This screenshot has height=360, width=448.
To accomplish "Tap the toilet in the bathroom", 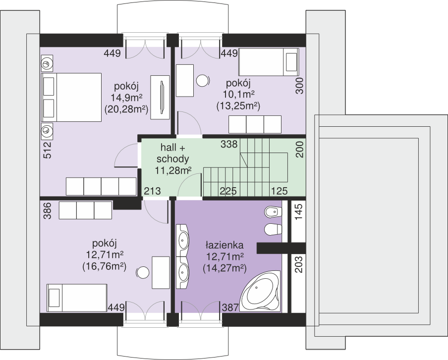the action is click(273, 230).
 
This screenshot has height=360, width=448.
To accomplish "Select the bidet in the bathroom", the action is click(273, 212).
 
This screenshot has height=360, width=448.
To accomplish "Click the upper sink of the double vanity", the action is click(182, 240).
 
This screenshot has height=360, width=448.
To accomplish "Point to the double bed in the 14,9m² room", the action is click(71, 98).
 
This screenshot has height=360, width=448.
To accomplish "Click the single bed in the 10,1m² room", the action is click(269, 62).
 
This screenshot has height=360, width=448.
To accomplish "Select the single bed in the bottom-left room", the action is click(77, 298).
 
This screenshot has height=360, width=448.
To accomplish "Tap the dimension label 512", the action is click(48, 150).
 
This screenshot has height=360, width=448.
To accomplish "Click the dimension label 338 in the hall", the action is click(229, 144).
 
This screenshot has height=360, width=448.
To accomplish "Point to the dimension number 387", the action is click(230, 308).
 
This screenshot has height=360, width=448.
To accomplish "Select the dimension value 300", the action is click(299, 86).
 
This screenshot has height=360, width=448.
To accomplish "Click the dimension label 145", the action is click(298, 212).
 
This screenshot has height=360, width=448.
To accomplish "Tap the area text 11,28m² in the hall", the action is click(173, 170).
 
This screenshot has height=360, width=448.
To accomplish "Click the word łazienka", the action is click(224, 245).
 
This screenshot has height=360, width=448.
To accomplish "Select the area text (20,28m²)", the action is click(126, 109).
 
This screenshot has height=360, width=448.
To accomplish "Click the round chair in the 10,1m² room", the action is click(203, 81).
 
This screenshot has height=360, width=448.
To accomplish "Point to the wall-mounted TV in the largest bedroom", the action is click(162, 97).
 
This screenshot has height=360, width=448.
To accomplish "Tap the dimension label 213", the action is click(152, 191).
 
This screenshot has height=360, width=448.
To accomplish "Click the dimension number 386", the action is click(48, 210).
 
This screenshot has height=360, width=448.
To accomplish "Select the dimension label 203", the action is click(298, 264).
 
